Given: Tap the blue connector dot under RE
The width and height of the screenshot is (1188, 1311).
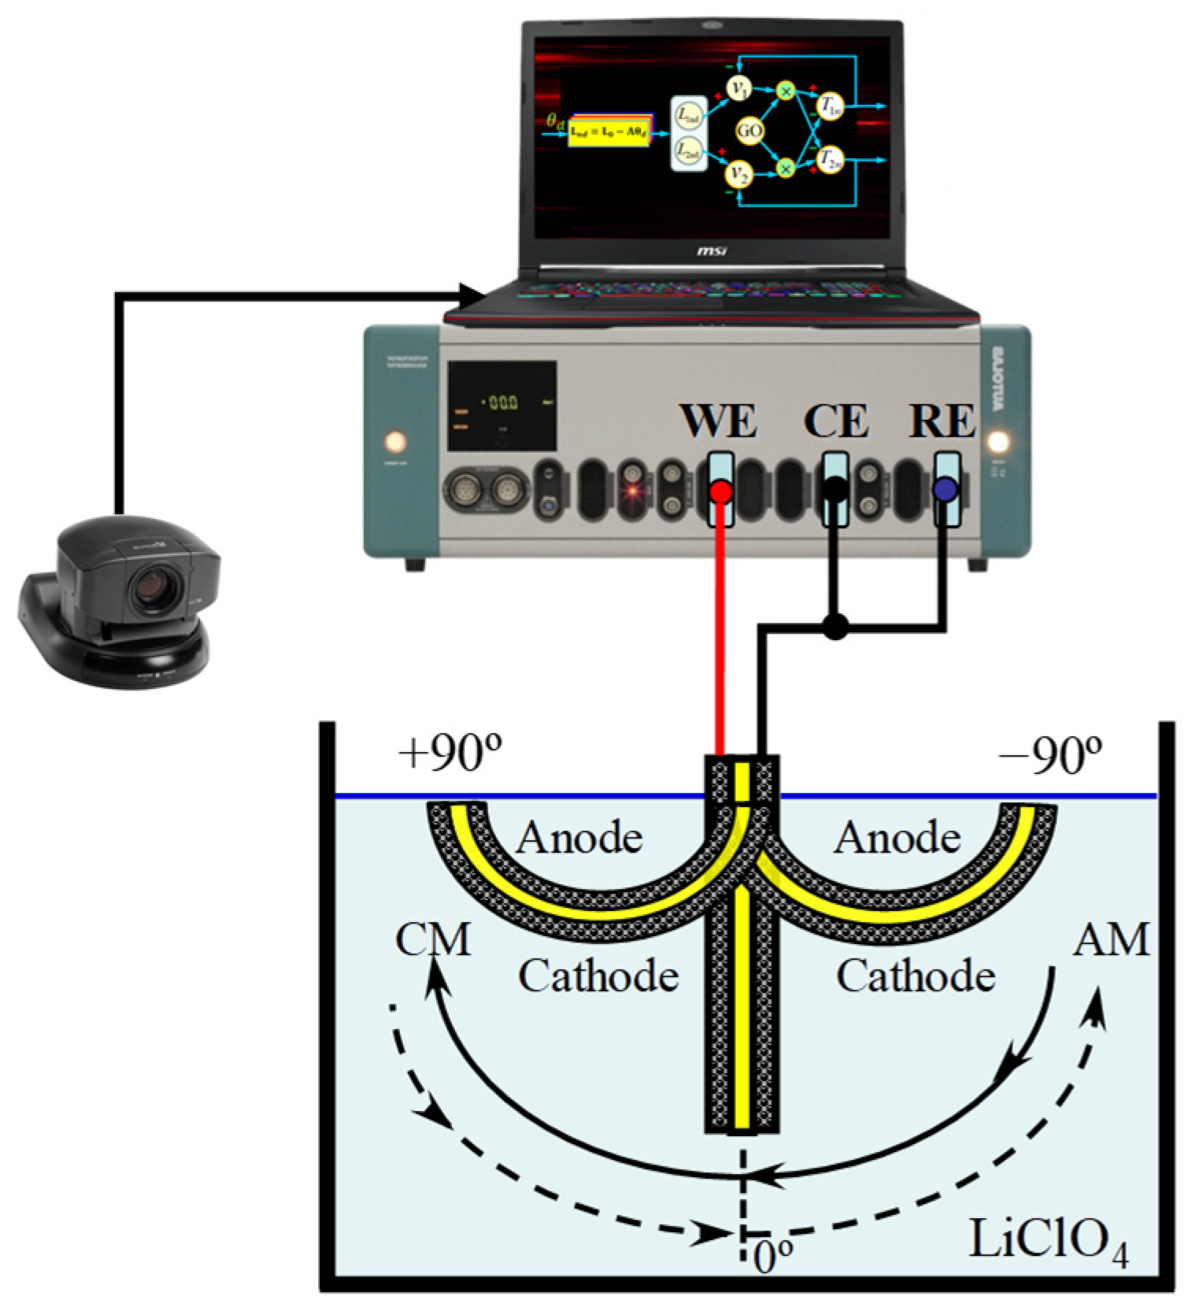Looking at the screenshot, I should pyautogui.click(x=945, y=490).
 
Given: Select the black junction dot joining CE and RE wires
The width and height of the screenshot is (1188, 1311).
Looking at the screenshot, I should pyautogui.click(x=835, y=627).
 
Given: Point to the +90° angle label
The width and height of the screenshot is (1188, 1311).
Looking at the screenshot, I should pyautogui.click(x=450, y=754).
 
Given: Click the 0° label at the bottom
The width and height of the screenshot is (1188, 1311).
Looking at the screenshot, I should pyautogui.click(x=772, y=1257).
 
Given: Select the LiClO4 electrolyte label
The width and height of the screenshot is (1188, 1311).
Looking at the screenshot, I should pyautogui.click(x=1048, y=1242).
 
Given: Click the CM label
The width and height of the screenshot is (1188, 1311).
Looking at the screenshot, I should pyautogui.click(x=432, y=939).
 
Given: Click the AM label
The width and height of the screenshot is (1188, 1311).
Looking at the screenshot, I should pyautogui.click(x=1111, y=939).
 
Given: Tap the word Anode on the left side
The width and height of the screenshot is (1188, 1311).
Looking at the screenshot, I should pyautogui.click(x=579, y=837).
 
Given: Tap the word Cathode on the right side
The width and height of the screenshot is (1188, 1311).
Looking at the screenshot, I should pyautogui.click(x=915, y=976).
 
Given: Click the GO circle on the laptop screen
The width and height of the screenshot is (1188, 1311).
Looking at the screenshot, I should pyautogui.click(x=749, y=130).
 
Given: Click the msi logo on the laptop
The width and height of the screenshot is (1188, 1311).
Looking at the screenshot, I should pyautogui.click(x=711, y=251).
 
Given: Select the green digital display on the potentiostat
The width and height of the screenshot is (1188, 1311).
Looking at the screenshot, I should pyautogui.click(x=501, y=402).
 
